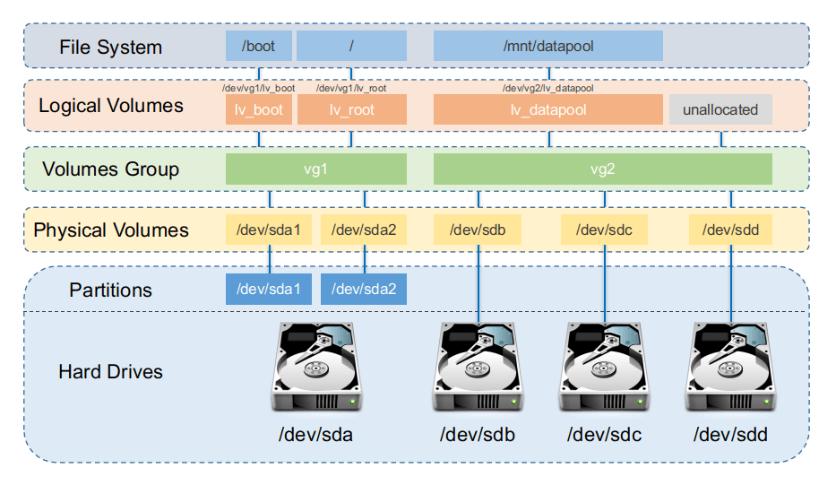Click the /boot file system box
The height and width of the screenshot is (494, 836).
click(x=259, y=46)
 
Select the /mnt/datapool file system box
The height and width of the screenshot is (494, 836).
click(x=548, y=46)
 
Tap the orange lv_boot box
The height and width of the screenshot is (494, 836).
click(x=259, y=109)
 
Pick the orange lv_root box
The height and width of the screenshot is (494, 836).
click(x=352, y=109)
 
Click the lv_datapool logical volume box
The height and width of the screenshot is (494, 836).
click(x=548, y=109)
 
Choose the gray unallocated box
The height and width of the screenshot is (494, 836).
click(x=720, y=109)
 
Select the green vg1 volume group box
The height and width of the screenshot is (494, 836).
click(x=316, y=169)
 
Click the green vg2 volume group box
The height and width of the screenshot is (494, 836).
click(x=602, y=169)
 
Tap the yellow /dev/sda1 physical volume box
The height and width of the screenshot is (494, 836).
click(x=269, y=230)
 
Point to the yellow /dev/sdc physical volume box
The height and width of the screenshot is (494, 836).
click(x=604, y=230)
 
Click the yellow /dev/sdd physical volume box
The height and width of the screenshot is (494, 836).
click(x=730, y=230)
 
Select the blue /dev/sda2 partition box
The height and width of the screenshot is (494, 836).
click(x=364, y=290)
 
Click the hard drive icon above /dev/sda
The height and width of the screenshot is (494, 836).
click(x=316, y=367)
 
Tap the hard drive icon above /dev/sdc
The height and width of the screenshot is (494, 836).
click(x=604, y=367)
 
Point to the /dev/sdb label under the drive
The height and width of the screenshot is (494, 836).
click(x=478, y=435)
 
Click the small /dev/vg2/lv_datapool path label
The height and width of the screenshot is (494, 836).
click(x=548, y=88)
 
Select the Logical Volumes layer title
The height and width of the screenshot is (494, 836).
click(x=111, y=106)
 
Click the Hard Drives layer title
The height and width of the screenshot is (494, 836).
click(x=110, y=371)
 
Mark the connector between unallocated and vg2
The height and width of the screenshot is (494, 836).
click(x=720, y=139)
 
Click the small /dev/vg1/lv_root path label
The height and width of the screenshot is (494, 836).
click(x=351, y=88)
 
